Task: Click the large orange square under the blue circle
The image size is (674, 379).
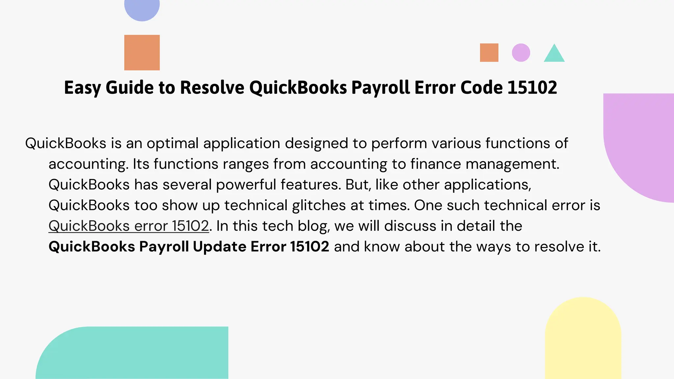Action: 142,53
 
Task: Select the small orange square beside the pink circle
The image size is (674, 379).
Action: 489,53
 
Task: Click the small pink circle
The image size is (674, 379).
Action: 521,53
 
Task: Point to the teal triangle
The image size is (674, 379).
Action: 554,55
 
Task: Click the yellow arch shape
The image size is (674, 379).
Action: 583,339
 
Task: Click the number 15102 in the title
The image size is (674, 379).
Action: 532,88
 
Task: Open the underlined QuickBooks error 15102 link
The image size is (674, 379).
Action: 129,226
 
